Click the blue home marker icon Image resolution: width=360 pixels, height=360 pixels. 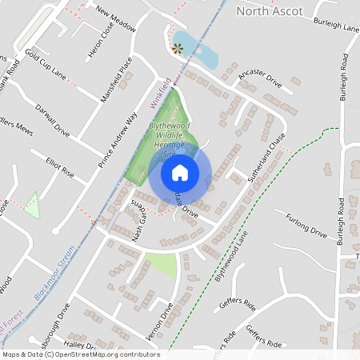[x=180, y=173]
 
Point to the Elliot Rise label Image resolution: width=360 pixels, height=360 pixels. [x=60, y=171]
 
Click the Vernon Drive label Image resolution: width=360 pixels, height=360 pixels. [x=166, y=318]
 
